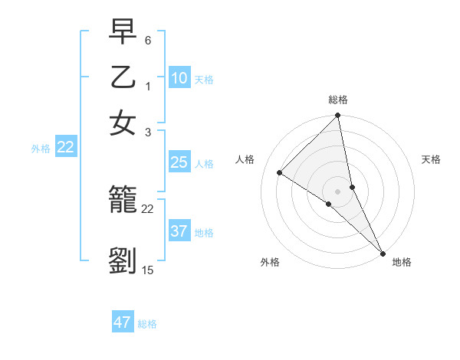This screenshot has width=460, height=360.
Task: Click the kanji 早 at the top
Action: (x=123, y=32)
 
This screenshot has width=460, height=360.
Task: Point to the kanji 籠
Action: (x=123, y=201)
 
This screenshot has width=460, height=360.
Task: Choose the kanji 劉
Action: (x=123, y=260)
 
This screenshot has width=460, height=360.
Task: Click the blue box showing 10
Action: (x=179, y=78)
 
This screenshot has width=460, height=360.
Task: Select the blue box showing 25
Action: (x=179, y=162)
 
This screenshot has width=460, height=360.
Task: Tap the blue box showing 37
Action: (x=179, y=231)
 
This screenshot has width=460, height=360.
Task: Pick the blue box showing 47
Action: (x=123, y=322)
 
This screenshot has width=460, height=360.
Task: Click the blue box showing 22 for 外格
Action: (x=65, y=148)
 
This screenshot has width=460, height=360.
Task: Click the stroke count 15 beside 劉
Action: (x=148, y=270)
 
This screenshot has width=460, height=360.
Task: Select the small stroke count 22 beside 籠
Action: (x=148, y=208)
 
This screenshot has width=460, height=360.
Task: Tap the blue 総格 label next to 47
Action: (x=147, y=324)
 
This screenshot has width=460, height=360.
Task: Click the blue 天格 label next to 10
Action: (x=204, y=80)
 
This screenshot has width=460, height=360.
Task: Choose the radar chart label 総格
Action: (x=338, y=100)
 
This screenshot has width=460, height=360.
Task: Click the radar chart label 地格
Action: (x=402, y=262)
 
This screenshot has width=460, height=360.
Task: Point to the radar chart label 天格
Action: (x=432, y=159)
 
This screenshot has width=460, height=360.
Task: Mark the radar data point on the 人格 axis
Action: (x=280, y=172)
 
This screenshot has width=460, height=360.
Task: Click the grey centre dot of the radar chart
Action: (x=338, y=191)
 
